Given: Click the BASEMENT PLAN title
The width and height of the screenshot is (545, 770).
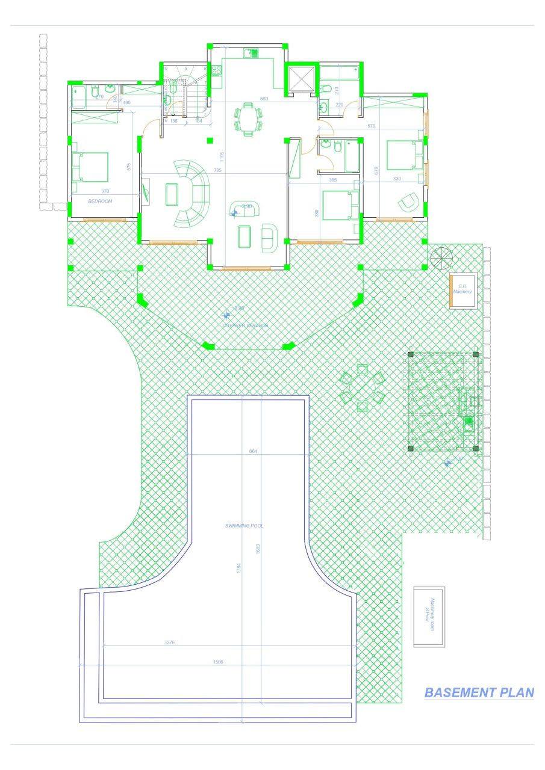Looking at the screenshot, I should coord(479,692).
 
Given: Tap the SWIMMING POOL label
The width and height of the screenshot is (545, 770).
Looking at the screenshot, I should coord(244,526).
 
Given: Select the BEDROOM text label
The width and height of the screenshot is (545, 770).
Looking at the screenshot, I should coord(100,202).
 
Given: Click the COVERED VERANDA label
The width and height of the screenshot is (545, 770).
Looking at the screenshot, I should coord(245,325).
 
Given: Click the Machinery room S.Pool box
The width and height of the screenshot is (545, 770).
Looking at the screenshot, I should coord(429,617).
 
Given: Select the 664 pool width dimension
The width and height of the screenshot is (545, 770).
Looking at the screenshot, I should coord(253,451).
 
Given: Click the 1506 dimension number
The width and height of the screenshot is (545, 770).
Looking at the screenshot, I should coord(219,662).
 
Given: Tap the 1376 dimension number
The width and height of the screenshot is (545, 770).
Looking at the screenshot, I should coord(169,642).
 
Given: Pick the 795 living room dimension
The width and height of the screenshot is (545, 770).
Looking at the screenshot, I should coord(217,171).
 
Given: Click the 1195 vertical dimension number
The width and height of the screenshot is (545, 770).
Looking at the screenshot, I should coord(222,158).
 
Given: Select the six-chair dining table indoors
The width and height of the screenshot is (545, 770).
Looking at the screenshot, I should coord(248,118).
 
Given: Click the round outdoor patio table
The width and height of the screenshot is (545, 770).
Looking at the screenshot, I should coord(361,388).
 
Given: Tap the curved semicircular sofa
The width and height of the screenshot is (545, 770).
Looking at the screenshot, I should coord(192,193).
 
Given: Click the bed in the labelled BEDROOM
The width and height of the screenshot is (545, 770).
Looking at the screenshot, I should coord(90,167).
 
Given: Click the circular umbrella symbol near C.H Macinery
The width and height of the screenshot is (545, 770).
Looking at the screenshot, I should coord(440,257).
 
